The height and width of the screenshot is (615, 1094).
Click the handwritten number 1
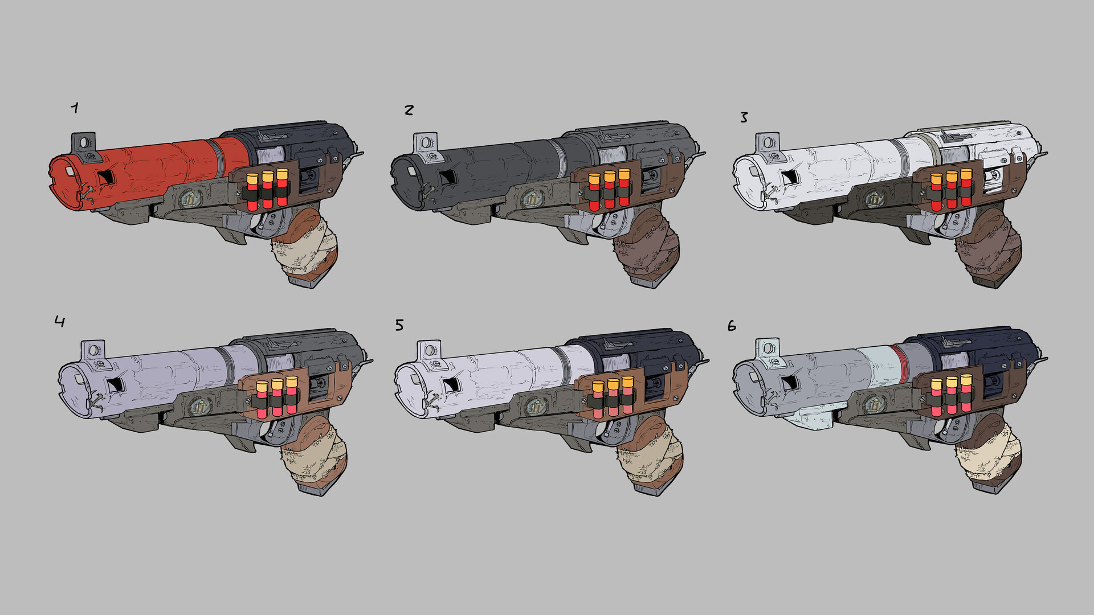click(x=75, y=108)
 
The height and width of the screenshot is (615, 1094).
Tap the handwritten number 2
click(x=409, y=110)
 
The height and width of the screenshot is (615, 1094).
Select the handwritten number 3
click(x=744, y=117)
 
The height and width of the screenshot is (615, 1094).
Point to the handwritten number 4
click(x=60, y=322)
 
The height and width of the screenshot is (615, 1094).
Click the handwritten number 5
click(x=399, y=325)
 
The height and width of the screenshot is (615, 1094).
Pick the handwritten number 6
click(x=732, y=326)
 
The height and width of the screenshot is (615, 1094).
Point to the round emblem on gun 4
click(x=198, y=406)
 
